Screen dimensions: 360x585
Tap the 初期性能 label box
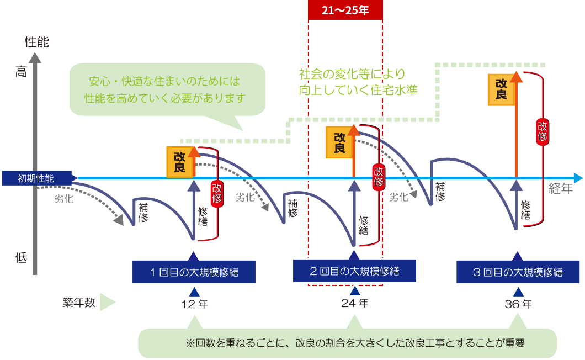tap(36, 178)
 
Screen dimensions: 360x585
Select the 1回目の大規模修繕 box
tap(193, 271)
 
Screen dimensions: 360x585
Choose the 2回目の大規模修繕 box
tap(354, 271)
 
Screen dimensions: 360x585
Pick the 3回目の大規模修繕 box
tap(517, 271)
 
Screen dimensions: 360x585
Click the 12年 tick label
tap(194, 304)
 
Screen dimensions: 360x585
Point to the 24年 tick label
tap(355, 304)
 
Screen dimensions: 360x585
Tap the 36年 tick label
tap(518, 304)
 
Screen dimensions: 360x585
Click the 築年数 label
tap(78, 303)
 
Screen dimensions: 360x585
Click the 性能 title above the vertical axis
tap(37, 43)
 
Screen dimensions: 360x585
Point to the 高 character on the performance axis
tap(21, 71)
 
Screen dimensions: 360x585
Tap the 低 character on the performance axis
tap(21, 257)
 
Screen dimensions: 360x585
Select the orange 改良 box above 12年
tap(180, 162)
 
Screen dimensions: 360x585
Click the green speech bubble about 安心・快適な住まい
tap(166, 89)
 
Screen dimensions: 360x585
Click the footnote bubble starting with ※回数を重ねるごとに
tap(348, 343)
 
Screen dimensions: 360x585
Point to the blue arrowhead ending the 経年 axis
tap(578, 178)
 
